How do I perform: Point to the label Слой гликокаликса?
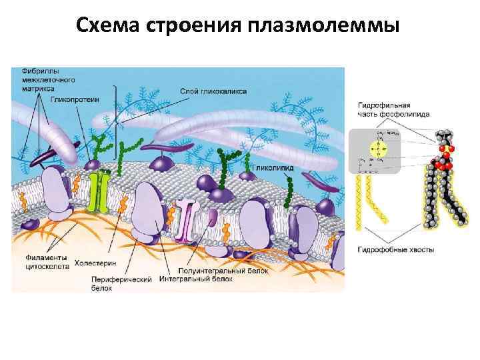[223, 91]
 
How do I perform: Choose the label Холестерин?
[95, 261]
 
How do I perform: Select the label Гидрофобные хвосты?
[396, 249]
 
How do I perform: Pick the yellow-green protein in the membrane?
[101, 192]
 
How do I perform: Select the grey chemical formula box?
[374, 151]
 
